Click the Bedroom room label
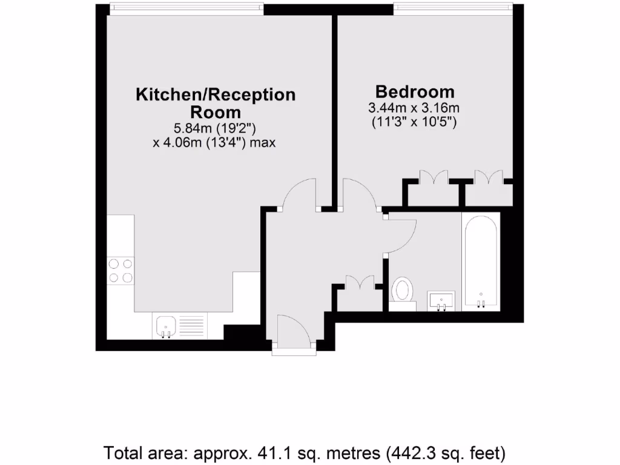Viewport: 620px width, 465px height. click(415, 92)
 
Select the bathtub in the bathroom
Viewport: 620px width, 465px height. click(481, 262)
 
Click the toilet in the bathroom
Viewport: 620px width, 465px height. click(401, 291)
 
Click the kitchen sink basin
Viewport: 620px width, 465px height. click(165, 327)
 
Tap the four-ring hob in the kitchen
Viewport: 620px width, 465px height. click(120, 271)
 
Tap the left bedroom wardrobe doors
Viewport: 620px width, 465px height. click(434, 178)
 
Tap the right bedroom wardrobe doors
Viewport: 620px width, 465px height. click(489, 178)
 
